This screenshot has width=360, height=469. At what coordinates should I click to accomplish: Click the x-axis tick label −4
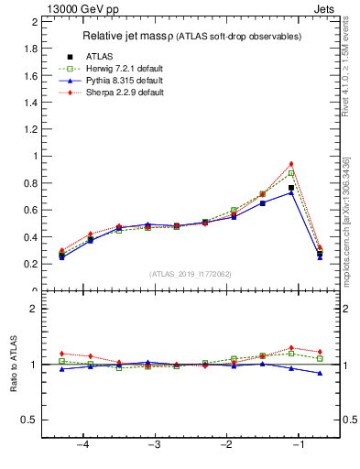(x=82, y=445)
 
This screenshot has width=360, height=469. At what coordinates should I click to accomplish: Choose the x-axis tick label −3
(x=155, y=445)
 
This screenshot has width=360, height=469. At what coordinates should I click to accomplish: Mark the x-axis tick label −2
(x=226, y=445)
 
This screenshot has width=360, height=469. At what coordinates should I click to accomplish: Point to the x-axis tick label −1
(x=299, y=445)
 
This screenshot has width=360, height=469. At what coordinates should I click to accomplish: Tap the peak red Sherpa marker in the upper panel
(x=291, y=164)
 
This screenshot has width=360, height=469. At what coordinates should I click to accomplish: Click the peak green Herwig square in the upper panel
(x=291, y=173)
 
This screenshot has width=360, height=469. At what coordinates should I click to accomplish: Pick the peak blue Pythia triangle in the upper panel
(x=291, y=192)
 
